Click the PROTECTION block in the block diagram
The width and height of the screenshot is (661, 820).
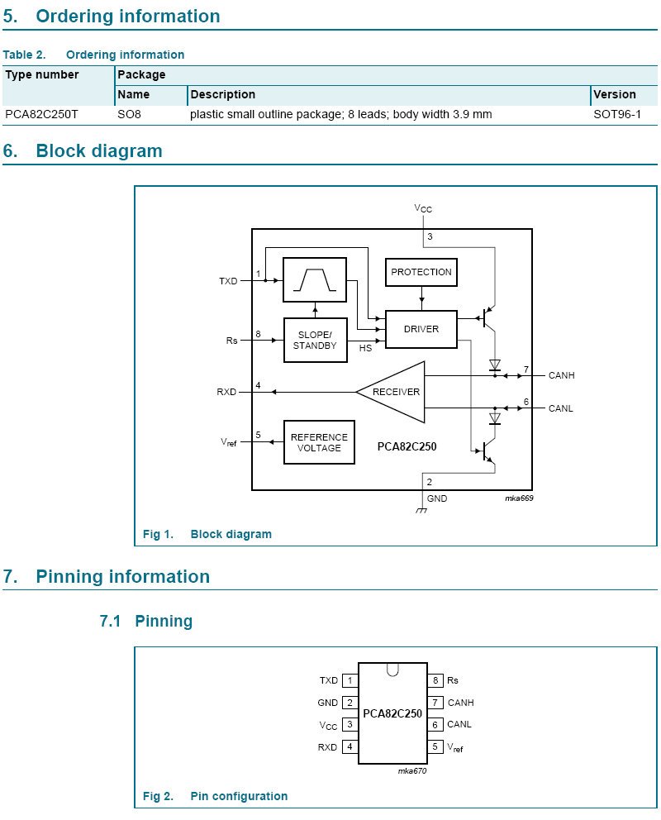tap(421, 272)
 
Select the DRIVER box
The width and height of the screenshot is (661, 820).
tap(421, 329)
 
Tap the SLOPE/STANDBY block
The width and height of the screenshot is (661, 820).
tap(315, 340)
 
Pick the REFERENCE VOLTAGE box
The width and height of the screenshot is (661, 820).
tap(319, 442)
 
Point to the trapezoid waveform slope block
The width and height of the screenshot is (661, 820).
tap(315, 279)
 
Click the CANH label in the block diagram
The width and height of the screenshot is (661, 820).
tap(561, 375)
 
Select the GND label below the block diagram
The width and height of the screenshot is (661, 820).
tap(437, 498)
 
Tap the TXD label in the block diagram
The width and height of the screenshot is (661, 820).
tap(228, 281)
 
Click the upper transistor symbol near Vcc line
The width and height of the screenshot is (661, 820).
tap(487, 317)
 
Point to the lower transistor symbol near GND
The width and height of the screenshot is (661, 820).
tap(487, 451)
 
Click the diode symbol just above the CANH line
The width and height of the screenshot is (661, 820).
tap(495, 365)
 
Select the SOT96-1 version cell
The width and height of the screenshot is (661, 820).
tap(617, 115)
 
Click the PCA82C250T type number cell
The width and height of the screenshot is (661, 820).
tap(41, 115)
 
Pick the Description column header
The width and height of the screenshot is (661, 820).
tap(222, 95)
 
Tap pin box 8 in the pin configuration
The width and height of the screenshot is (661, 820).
tap(435, 680)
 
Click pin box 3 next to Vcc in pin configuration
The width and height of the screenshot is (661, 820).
tap(350, 724)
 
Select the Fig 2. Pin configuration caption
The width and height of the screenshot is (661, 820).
tap(215, 796)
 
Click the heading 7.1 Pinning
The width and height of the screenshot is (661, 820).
tap(145, 621)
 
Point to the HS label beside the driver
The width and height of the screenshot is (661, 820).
tap(365, 348)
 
